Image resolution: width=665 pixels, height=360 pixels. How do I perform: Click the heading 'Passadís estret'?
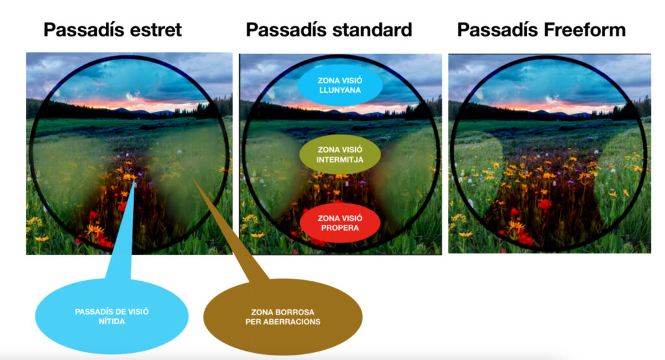112,30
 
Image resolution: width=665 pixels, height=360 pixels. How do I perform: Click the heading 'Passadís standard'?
329,30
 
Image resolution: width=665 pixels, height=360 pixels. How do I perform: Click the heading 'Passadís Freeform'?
542,30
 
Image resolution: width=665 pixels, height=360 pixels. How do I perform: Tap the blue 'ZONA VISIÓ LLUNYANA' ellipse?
340,85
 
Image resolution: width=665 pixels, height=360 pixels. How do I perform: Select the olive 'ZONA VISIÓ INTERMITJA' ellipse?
340,155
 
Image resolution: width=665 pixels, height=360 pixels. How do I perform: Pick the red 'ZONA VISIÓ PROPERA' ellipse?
340,223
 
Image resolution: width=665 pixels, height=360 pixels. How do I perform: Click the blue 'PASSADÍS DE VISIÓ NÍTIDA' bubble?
112,316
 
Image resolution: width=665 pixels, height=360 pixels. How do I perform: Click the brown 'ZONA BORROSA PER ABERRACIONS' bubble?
283,316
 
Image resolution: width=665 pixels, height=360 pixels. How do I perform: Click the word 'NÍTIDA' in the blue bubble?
112,322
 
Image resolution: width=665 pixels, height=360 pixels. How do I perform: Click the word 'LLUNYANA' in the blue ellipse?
340,90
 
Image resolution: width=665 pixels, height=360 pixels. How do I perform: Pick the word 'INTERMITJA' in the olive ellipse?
340,160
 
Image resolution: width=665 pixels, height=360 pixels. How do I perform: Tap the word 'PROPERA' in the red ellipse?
340,228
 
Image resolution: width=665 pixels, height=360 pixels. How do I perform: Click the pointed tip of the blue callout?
135,179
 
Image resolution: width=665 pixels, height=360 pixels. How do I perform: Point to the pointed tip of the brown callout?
194,178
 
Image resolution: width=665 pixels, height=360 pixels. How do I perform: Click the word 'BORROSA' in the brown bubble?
296,312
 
